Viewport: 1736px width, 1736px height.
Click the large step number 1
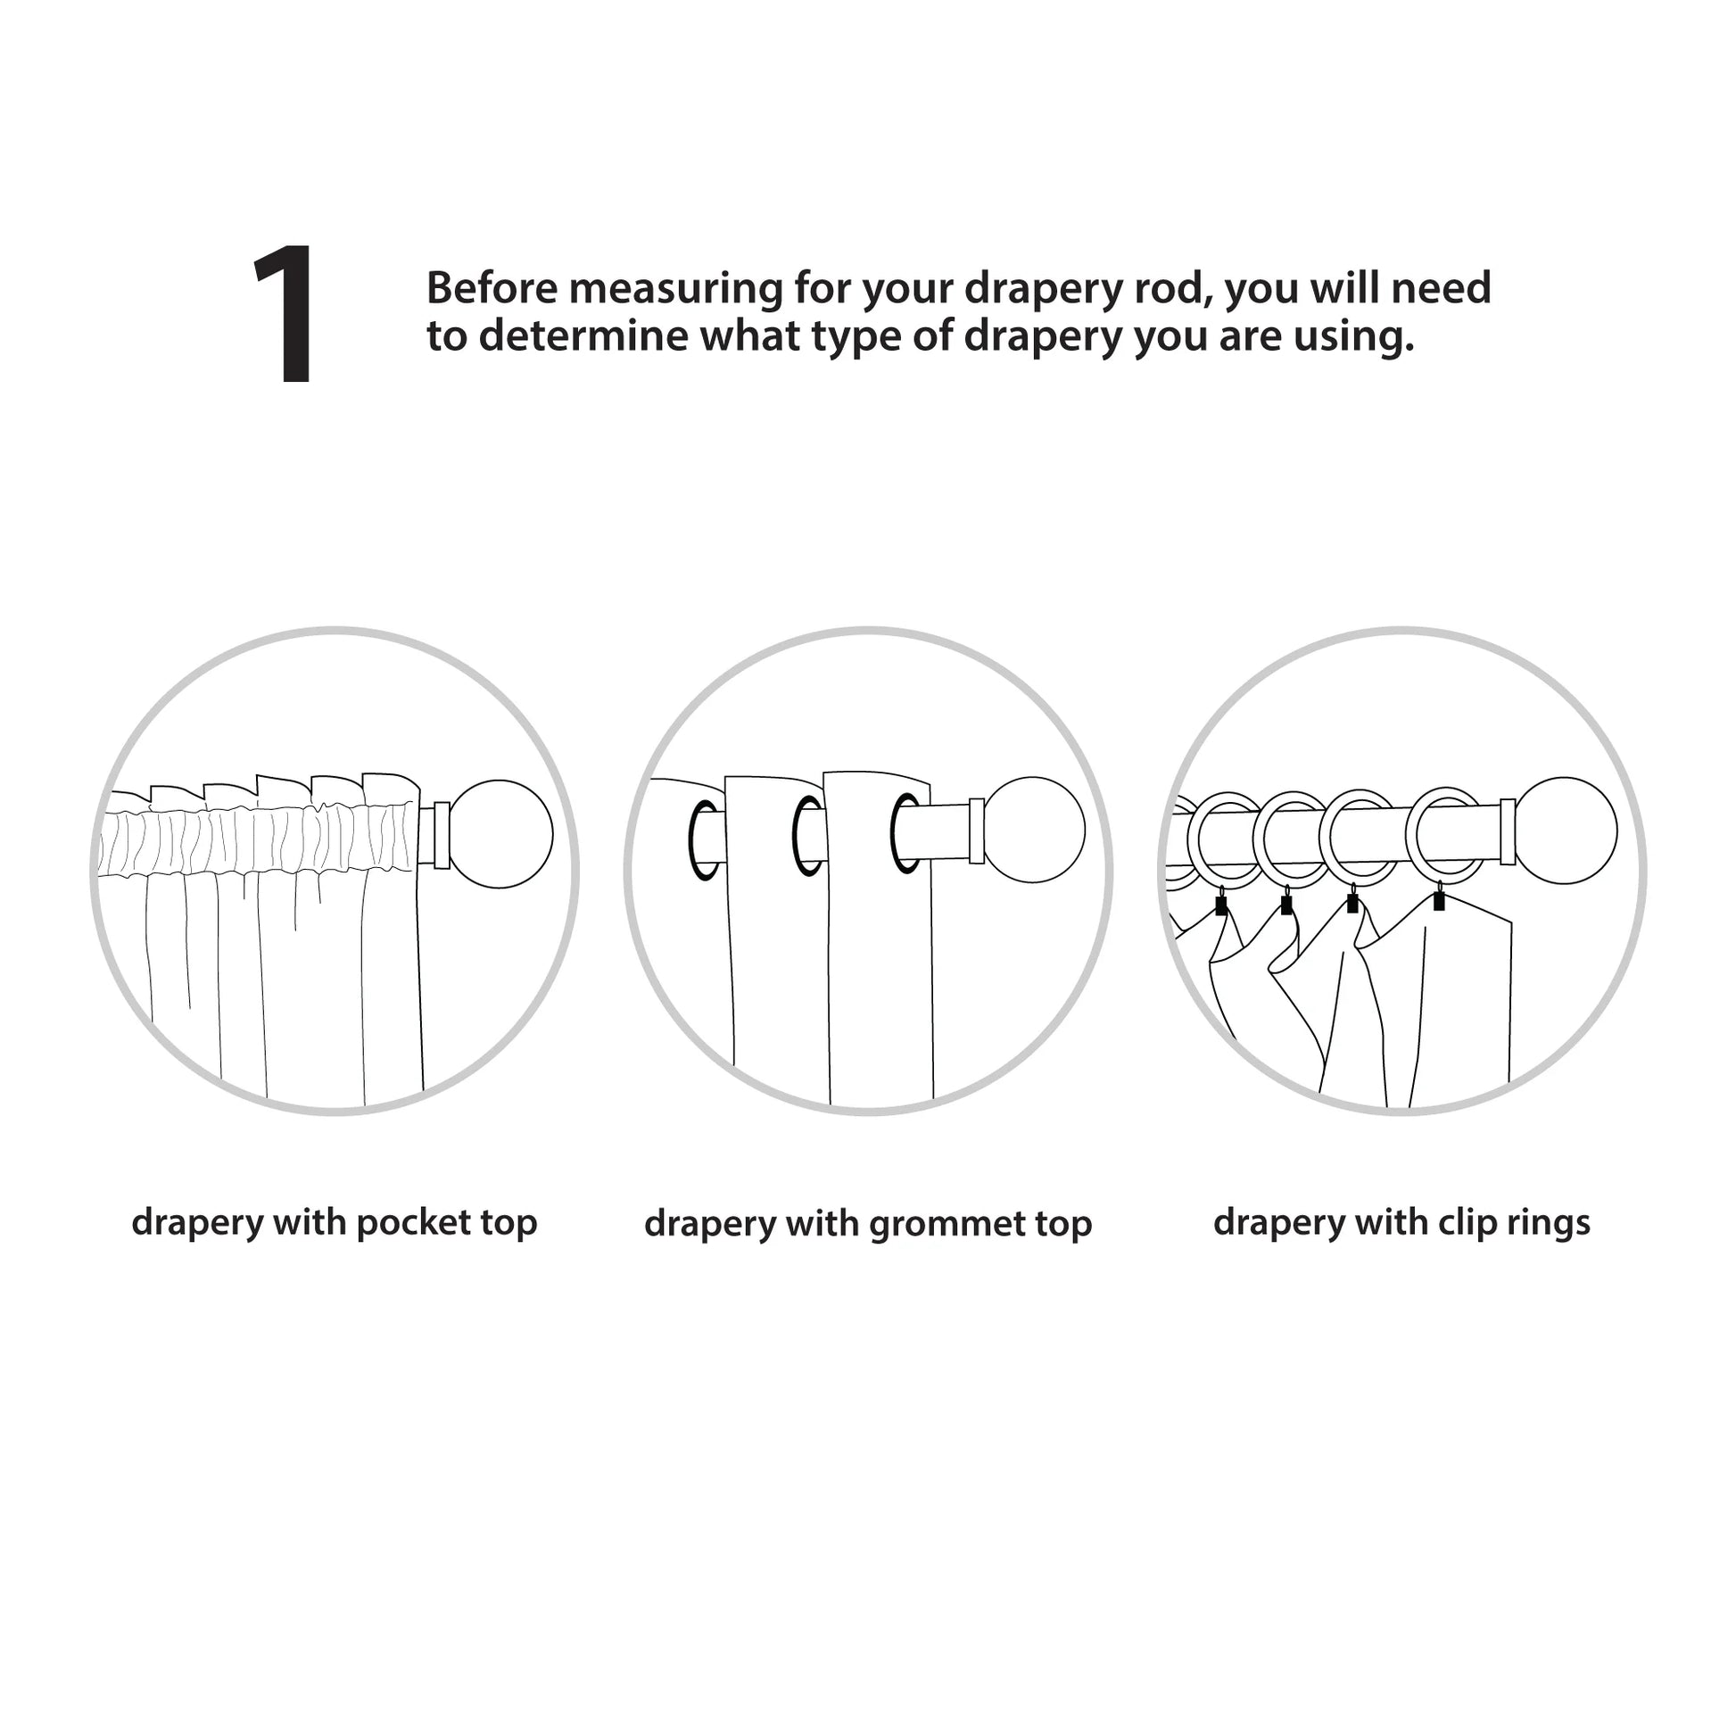pos(285,314)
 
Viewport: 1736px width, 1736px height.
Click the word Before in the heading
pos(492,288)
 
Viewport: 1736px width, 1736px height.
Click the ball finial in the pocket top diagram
pos(499,834)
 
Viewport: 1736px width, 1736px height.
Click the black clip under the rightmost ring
pos(1439,899)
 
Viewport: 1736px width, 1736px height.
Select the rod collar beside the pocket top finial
pos(442,835)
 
